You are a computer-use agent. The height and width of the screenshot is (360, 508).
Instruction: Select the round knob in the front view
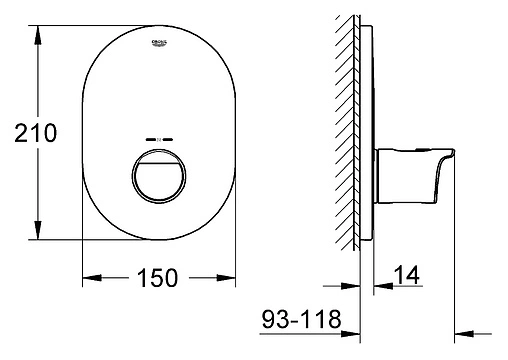coord(157,175)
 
